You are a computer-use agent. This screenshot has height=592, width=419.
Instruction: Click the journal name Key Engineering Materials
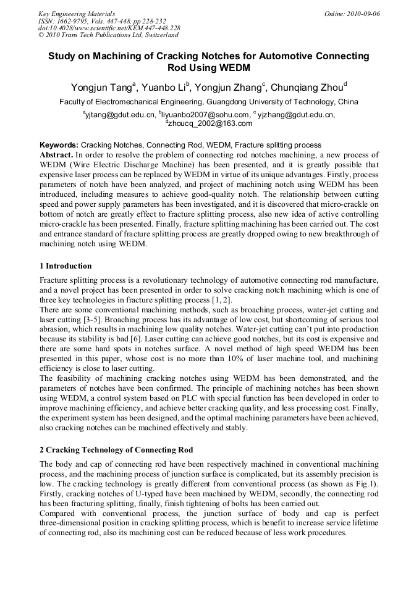[x=77, y=14]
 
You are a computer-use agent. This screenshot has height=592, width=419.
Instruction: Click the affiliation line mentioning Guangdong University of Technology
[x=208, y=102]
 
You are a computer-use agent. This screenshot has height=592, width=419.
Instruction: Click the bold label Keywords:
[x=59, y=144]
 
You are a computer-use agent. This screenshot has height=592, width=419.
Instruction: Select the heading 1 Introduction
[x=66, y=266]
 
